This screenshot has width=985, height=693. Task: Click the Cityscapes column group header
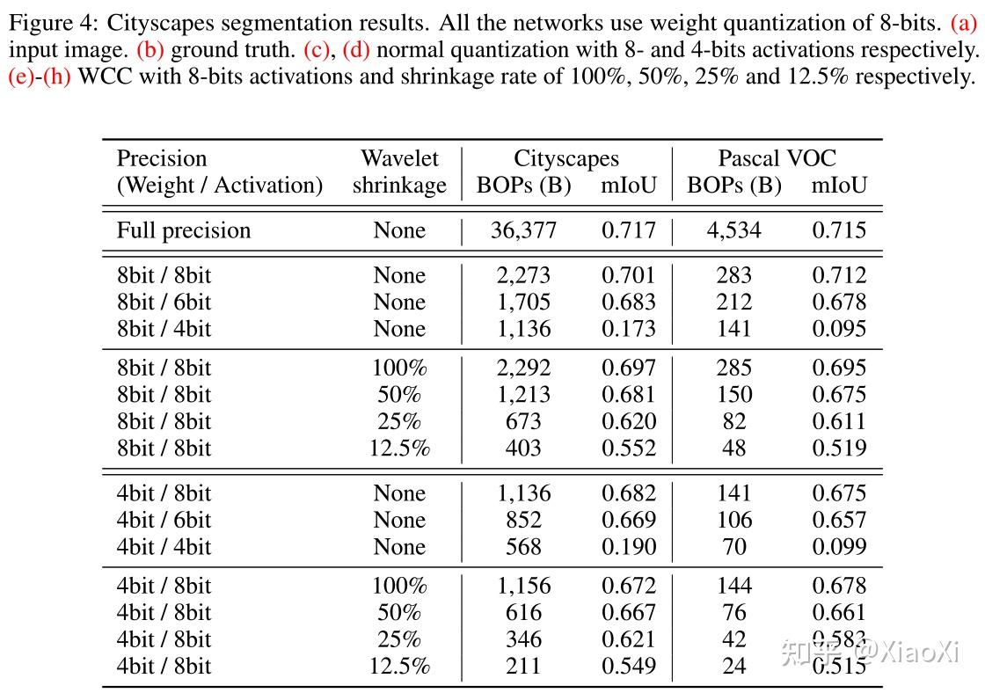[x=565, y=158]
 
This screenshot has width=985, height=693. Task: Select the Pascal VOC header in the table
[x=777, y=158]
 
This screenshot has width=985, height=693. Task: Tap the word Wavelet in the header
[x=399, y=158]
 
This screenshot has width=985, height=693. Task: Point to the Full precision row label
[x=184, y=230]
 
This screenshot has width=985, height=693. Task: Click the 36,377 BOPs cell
[x=523, y=230]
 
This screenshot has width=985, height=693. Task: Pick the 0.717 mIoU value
[x=628, y=230]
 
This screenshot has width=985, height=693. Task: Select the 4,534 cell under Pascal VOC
[x=733, y=230]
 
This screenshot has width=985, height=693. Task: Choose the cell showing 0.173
[x=628, y=329]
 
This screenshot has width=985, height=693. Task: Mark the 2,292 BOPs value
[x=523, y=368]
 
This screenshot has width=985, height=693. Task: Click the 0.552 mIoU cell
[x=628, y=448]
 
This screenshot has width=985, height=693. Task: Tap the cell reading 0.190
[x=628, y=546]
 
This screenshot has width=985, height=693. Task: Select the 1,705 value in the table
[x=523, y=303]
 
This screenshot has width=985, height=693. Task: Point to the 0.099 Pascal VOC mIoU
[x=838, y=546]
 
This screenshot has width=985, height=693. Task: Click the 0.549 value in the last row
[x=628, y=666]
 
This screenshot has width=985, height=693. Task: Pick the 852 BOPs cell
[x=523, y=520]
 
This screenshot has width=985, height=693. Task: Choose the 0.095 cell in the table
[x=838, y=329]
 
